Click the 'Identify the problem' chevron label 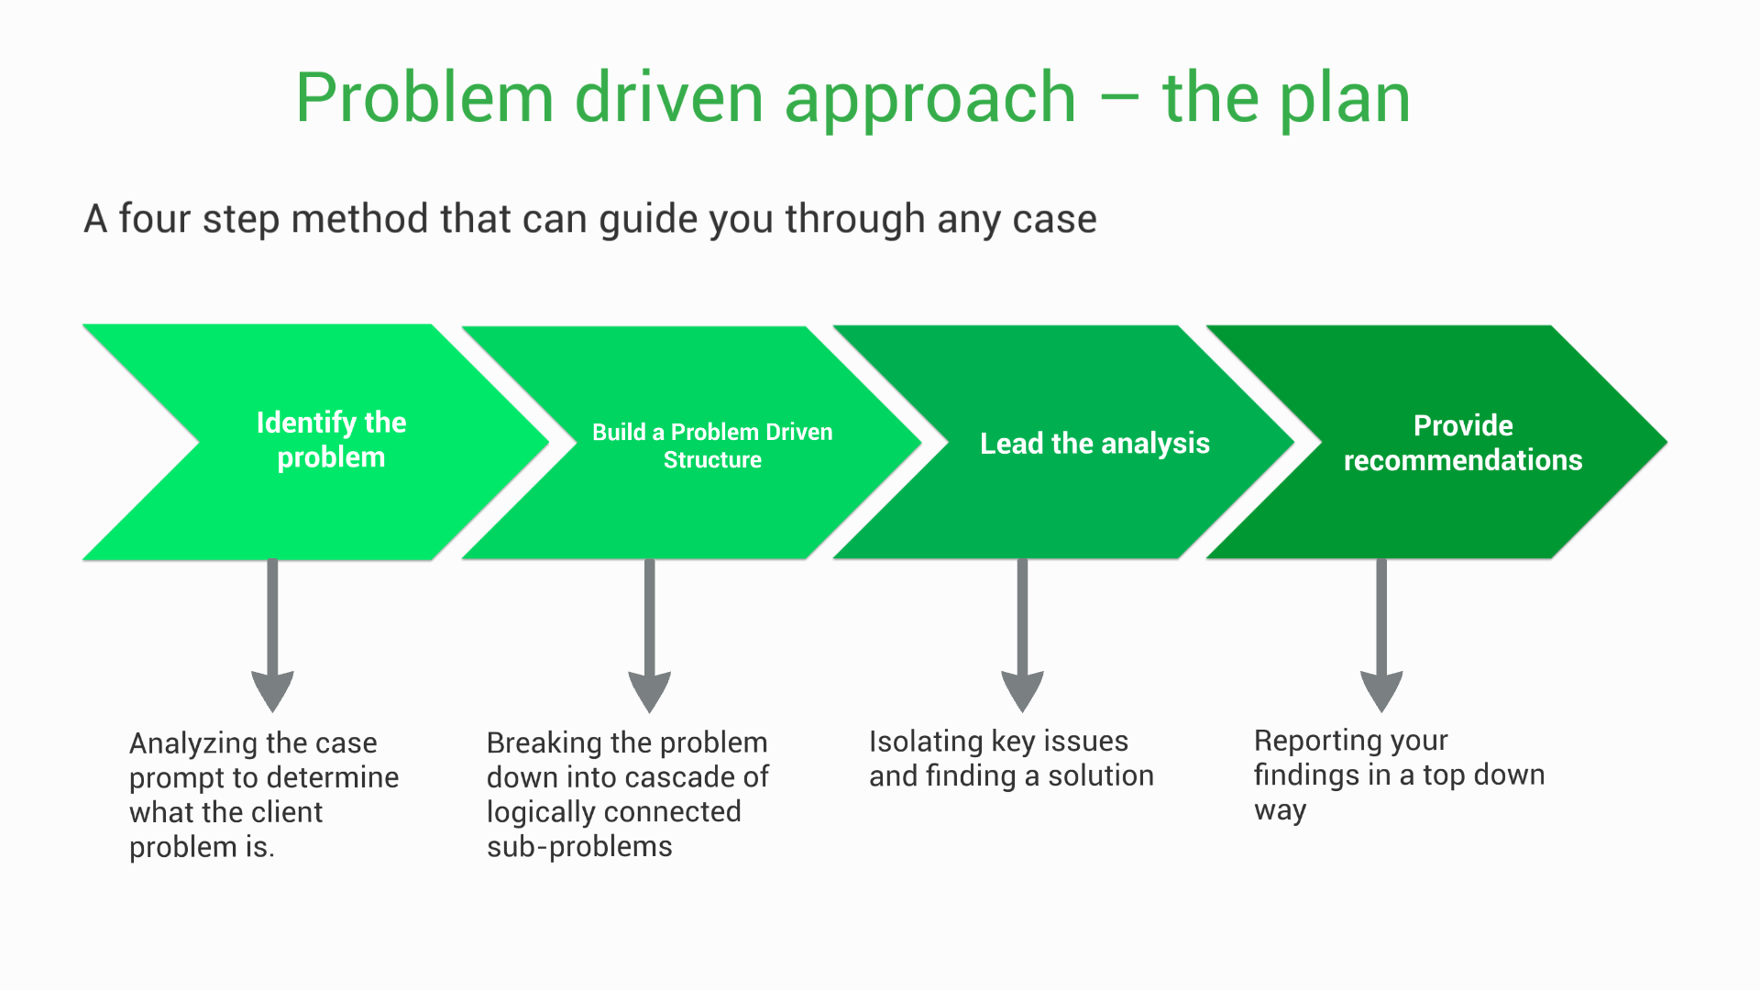tap(331, 440)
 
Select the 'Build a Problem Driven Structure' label tap(712, 445)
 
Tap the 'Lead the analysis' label tap(1094, 444)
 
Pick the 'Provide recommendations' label tap(1463, 443)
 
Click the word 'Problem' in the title tap(424, 98)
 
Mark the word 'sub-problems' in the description tap(579, 846)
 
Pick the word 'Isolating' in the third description tap(926, 741)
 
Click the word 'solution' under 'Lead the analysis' tap(1101, 775)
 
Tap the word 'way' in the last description tap(1280, 811)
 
